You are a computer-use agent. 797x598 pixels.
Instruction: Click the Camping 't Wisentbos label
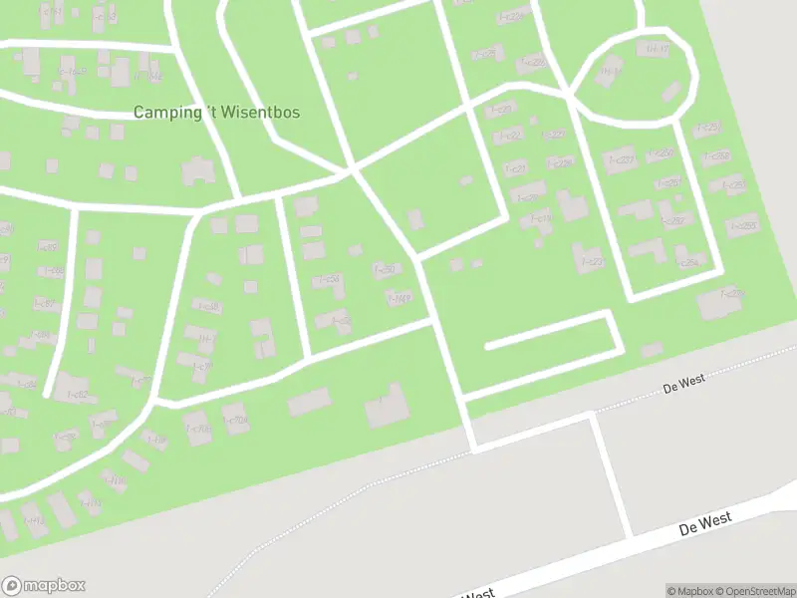pyautogui.click(x=216, y=113)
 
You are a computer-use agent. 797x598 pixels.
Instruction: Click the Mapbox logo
pyautogui.click(x=43, y=586)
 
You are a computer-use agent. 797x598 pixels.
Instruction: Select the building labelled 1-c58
pyautogui.click(x=329, y=280)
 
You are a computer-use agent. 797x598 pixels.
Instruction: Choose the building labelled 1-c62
pyautogui.click(x=75, y=395)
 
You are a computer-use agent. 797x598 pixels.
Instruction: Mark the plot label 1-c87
pyautogui.click(x=47, y=303)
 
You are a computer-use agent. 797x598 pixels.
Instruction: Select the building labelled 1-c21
pyautogui.click(x=515, y=168)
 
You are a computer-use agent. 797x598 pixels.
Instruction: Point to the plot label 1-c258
pyautogui.click(x=743, y=226)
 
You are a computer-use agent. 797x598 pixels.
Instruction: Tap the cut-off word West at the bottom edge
pyautogui.click(x=478, y=593)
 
